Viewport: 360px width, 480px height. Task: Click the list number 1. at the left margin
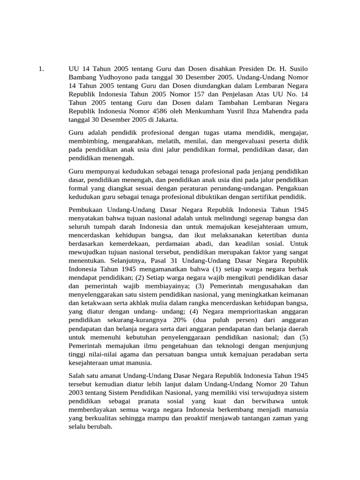(x=41, y=69)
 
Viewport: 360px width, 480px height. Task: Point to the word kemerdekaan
(x=130, y=244)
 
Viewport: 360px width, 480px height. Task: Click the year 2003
(x=77, y=392)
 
